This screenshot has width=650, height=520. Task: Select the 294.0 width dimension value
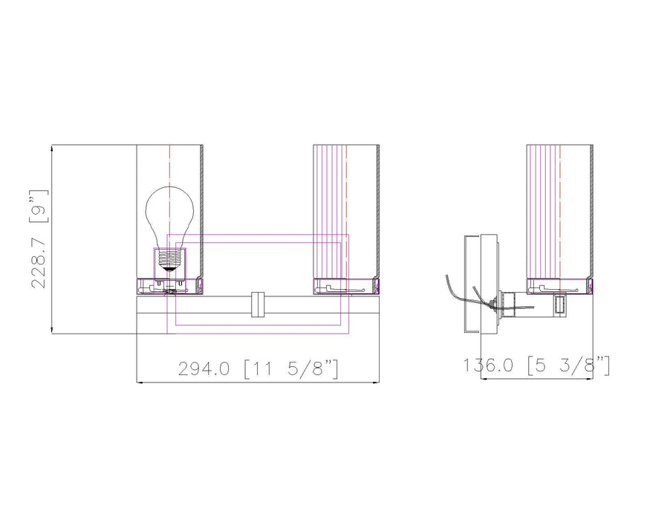204,368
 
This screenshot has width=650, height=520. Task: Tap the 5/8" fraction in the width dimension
309,368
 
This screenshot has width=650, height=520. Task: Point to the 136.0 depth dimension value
488,365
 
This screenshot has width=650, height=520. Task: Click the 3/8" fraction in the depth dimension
585,365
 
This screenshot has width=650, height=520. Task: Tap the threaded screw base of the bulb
169,259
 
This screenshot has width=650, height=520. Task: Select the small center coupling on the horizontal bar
258,305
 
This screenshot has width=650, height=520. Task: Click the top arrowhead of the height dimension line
51,148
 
